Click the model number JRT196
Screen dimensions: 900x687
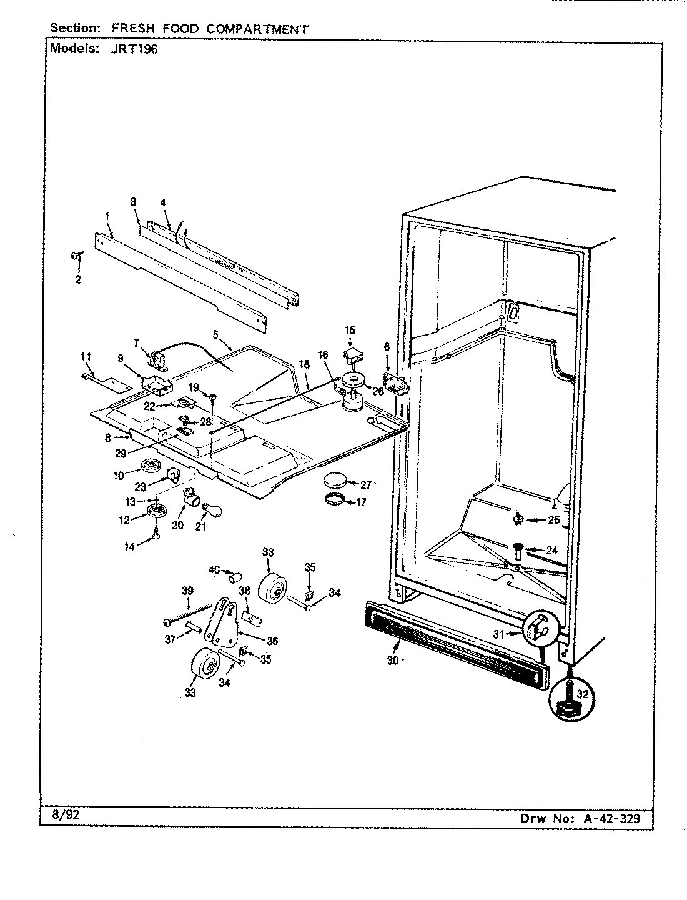coord(140,49)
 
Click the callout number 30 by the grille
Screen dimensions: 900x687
coord(392,661)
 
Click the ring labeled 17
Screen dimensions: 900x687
coord(337,499)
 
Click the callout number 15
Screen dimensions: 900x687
coord(350,330)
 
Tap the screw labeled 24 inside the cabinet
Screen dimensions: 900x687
coord(517,550)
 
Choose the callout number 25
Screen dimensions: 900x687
coord(553,519)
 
